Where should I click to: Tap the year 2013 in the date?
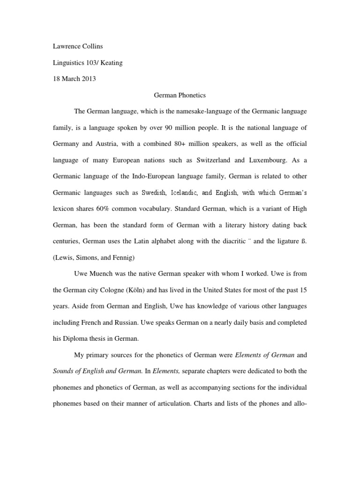point(88,79)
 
